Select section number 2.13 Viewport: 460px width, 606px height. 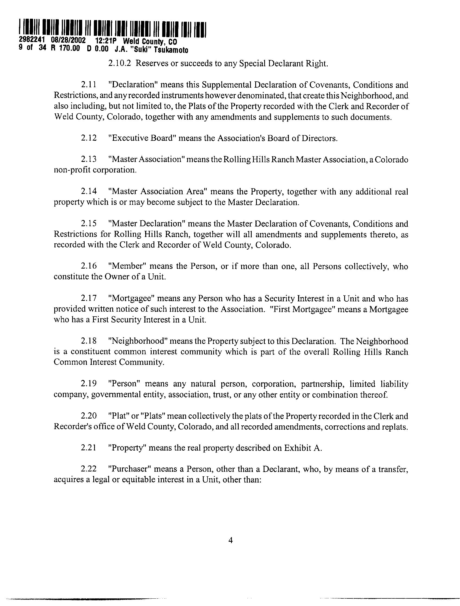click(89, 159)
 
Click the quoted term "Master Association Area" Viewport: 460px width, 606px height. click(157, 191)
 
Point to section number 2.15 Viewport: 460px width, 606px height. click(89, 224)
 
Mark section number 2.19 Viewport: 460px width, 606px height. click(89, 384)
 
